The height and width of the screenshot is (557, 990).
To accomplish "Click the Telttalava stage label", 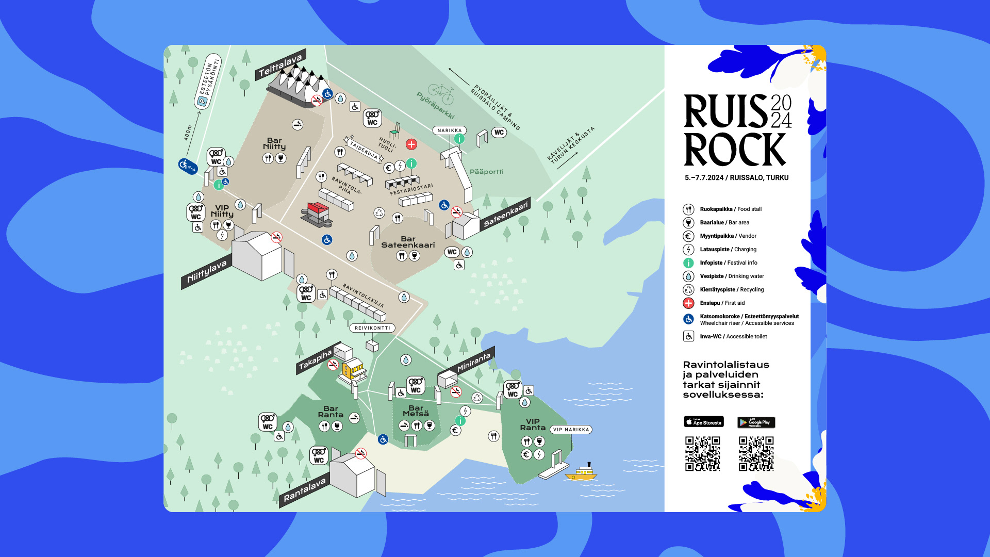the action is [x=280, y=65].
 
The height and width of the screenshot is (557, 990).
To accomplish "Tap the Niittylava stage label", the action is [x=207, y=271].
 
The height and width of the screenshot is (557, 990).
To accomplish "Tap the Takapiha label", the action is [x=315, y=359].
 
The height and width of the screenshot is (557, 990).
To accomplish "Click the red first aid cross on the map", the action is [x=411, y=144].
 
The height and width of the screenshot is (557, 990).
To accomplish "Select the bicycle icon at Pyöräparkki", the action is [x=441, y=92].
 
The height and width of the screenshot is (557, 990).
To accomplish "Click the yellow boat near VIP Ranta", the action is [x=582, y=472].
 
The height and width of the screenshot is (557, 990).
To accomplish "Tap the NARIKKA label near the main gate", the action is [x=450, y=130].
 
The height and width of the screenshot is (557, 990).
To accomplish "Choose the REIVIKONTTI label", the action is [x=372, y=328].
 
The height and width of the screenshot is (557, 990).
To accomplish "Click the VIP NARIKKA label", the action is [x=571, y=430].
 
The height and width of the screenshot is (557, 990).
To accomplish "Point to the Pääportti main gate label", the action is [x=486, y=172].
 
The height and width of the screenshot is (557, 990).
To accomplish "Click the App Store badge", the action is [x=704, y=422].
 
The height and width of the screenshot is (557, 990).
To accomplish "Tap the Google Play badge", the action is [x=756, y=422].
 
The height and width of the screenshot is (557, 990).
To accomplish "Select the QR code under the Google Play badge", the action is [x=756, y=454].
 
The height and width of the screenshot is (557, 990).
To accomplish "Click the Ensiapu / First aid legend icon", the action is [x=688, y=303].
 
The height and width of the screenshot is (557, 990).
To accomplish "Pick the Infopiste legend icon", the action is [x=688, y=263].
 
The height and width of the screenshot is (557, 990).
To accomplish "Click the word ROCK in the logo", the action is [x=734, y=150].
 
